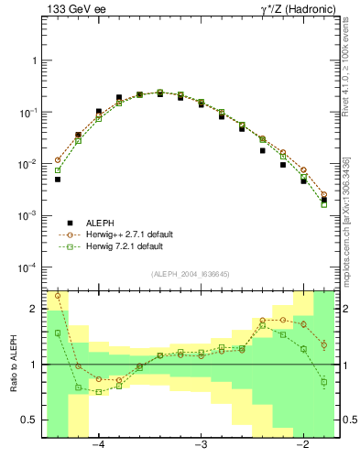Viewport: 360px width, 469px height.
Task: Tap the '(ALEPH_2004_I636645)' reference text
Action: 191,273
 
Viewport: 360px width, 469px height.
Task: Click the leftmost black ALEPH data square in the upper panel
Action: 58,180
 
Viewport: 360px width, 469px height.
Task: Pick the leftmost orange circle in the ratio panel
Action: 58,296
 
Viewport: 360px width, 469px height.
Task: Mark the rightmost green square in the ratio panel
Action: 324,382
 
